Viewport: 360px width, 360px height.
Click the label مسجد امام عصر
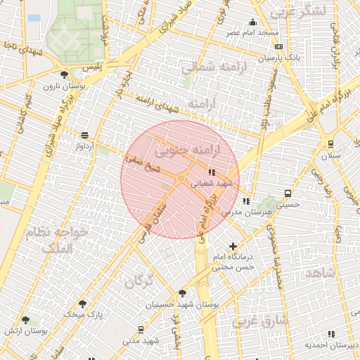(252, 33)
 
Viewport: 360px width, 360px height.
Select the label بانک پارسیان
(284, 57)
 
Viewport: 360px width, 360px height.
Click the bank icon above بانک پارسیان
(278, 46)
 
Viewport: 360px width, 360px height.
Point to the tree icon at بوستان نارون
(65, 75)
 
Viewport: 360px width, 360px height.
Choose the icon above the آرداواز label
(85, 135)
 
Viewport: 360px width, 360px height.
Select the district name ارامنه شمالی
(211, 67)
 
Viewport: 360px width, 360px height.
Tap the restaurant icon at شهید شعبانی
(212, 172)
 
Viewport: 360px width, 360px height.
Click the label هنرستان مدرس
(241, 212)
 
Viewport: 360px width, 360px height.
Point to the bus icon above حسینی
(288, 193)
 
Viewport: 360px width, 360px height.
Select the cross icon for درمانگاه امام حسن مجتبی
(233, 246)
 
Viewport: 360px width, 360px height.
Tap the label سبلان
(330, 154)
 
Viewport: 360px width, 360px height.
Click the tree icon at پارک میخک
(83, 304)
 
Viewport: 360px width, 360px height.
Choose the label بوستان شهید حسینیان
(183, 305)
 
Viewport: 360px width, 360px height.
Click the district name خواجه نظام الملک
(56, 239)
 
